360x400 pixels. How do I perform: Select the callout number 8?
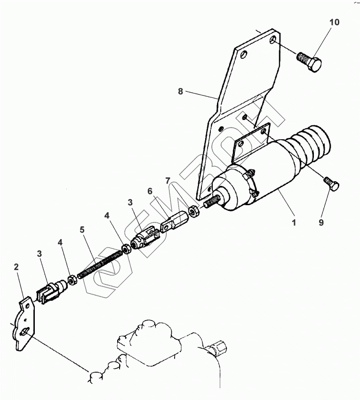(x=180, y=91)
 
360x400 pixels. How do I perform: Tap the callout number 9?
(x=321, y=223)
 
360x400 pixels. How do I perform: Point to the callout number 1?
(x=294, y=223)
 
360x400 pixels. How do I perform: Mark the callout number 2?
(x=16, y=266)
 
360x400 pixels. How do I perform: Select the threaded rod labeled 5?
(x=101, y=264)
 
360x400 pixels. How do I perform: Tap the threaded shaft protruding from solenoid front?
(x=212, y=201)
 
